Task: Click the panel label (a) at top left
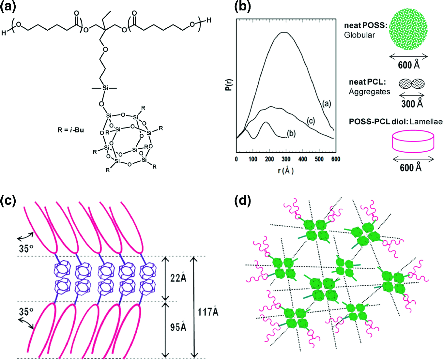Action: pos(8,7)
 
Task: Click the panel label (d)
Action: pos(243,201)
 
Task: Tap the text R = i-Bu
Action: pos(70,130)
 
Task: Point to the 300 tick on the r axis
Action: pos(286,159)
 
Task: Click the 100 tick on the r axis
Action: pos(253,159)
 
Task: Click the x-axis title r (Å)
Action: pos(286,170)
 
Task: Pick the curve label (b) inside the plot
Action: pos(291,133)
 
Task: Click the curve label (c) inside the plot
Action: pos(311,121)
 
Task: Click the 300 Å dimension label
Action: pos(412,104)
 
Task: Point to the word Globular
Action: pos(359,35)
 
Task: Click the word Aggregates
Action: pos(369,92)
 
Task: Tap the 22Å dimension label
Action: pos(178,277)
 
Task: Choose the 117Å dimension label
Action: pos(208,312)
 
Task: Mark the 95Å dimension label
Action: pos(178,326)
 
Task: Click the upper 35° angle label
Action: pos(26,248)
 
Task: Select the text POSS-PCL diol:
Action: pos(378,122)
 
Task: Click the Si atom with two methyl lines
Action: pos(105,88)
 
